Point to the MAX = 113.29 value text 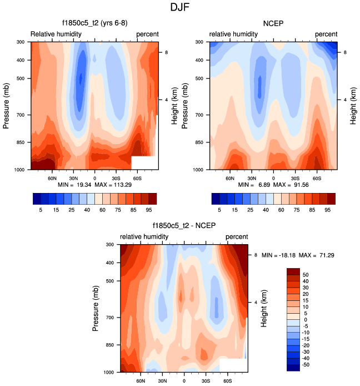coord(117,184)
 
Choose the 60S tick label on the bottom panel coord(227,381)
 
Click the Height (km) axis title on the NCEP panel coord(353,105)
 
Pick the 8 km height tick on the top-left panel coord(165,52)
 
